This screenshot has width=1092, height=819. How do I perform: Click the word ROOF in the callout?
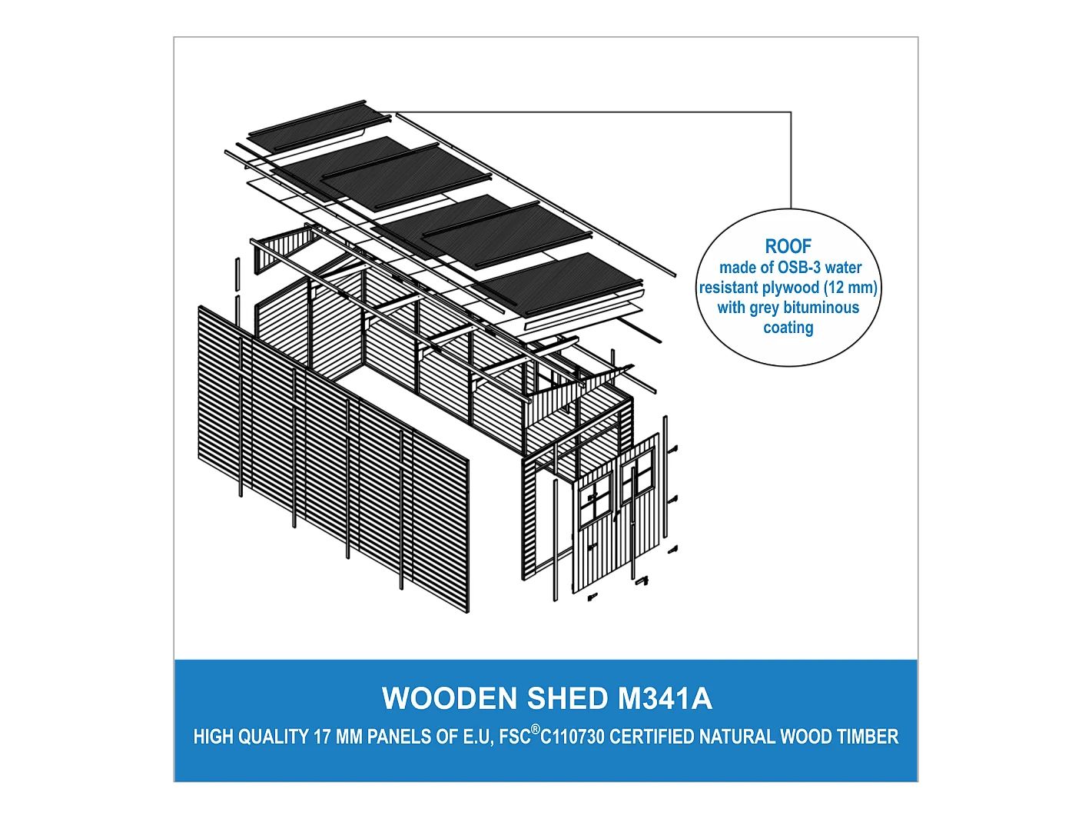788,246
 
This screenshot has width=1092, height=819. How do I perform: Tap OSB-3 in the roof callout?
796,268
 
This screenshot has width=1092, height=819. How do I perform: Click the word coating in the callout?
788,328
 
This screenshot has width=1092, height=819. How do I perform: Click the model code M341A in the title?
665,698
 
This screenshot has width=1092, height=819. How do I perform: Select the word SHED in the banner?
568,698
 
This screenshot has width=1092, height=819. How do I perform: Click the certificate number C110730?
572,737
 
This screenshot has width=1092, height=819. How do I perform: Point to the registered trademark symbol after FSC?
536,730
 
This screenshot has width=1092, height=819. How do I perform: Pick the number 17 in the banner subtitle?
321,737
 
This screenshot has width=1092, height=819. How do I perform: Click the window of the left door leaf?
595,497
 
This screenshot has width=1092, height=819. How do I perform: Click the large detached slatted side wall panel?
334,458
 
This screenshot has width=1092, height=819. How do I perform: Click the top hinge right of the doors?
672,449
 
